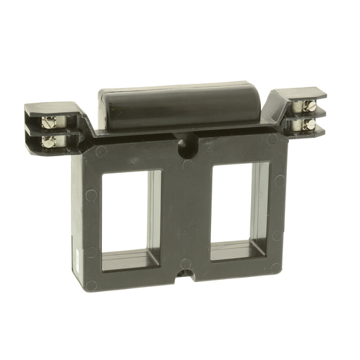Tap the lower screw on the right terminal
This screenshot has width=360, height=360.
tap(307, 124)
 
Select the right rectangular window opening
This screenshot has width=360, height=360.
tap(239, 208)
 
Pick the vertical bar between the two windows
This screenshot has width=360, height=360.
tap(184, 211)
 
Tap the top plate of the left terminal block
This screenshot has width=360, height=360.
tap(49, 109)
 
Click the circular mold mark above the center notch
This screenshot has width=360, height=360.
tap(184, 262)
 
